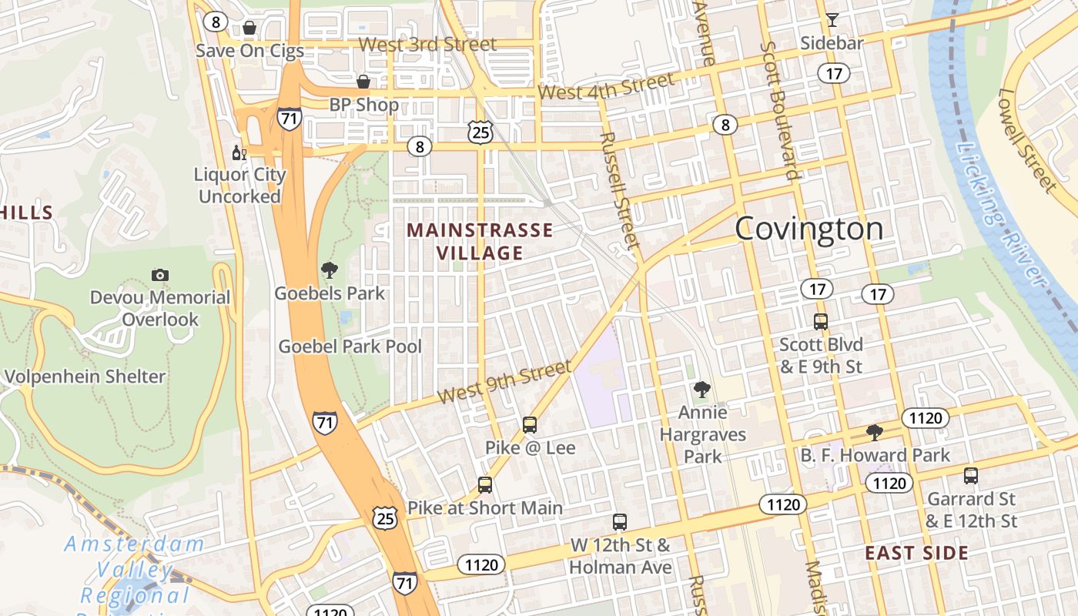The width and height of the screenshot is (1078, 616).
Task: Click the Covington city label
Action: (x=808, y=229)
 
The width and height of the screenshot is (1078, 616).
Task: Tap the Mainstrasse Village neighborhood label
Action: (x=480, y=241)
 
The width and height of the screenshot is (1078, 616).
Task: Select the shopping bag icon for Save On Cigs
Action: (x=249, y=28)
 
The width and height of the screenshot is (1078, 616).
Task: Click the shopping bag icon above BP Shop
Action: (x=363, y=81)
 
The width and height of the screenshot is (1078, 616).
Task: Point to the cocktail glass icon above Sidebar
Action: (x=832, y=20)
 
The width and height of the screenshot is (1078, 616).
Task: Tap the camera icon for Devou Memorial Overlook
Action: (x=160, y=275)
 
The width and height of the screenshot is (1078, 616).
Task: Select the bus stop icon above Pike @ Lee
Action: (x=530, y=424)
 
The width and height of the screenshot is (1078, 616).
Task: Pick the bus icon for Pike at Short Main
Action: (x=484, y=485)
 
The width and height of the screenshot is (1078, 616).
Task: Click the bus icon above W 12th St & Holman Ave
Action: (x=620, y=521)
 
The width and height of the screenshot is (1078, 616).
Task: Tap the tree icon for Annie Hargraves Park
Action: (x=701, y=390)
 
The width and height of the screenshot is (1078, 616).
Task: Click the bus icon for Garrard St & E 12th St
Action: (x=971, y=475)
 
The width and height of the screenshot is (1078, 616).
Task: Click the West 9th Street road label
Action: (x=504, y=382)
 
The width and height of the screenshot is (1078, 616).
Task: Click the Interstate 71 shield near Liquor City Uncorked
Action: (x=289, y=119)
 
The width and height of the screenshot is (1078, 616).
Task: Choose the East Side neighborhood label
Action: (x=916, y=553)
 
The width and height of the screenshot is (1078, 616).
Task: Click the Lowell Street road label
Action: (x=1026, y=140)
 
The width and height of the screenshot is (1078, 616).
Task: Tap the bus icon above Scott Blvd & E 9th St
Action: (x=821, y=321)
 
